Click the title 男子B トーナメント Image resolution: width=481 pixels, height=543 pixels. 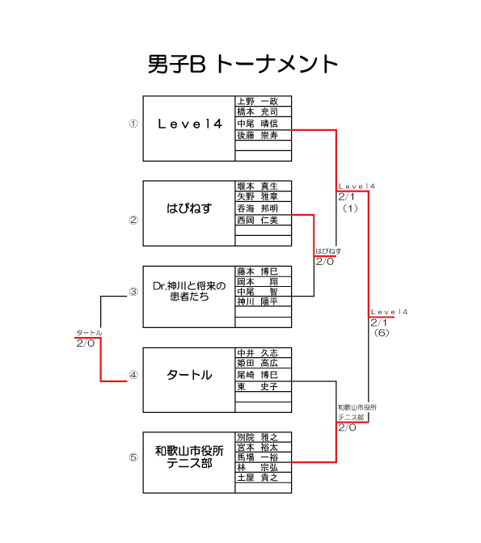tap(243, 64)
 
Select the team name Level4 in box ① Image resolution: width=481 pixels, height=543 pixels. tap(190, 124)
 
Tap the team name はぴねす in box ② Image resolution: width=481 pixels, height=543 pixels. tap(189, 208)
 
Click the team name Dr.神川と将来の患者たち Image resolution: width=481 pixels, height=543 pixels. tap(189, 291)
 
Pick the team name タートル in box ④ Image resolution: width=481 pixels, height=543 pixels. tap(189, 375)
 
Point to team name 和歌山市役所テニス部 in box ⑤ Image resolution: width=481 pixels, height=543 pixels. tap(189, 457)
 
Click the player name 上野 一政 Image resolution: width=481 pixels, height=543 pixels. tap(258, 101)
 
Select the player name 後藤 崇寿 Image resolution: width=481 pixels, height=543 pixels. tap(258, 135)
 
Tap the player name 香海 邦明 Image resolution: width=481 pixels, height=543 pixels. tap(258, 208)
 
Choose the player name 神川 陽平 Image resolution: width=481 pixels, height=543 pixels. tap(258, 301)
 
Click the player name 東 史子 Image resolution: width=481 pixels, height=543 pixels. tap(258, 386)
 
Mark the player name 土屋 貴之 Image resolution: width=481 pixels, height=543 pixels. tap(258, 478)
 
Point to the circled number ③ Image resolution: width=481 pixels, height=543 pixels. tap(133, 292)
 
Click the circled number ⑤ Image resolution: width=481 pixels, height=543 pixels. tap(133, 457)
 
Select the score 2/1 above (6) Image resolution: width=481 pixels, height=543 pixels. tap(379, 322)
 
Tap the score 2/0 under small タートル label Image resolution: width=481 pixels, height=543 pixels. tap(85, 343)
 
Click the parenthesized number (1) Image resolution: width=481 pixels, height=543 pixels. tap(350, 208)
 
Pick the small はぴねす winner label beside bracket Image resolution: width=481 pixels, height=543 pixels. tap(328, 251)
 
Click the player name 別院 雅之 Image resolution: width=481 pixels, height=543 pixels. tap(258, 437)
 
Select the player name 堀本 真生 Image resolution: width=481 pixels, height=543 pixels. tap(258, 186)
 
